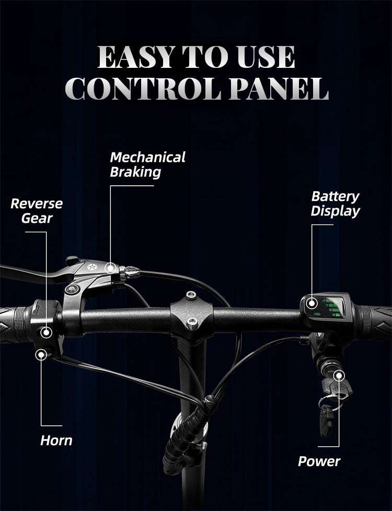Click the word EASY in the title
pos(134,57)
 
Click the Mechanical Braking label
pos(147,164)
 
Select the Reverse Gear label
pos(37,210)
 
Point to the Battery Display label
pos(335,204)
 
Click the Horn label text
pos(56,441)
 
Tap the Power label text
pos(319,461)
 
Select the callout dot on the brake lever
pos(110,268)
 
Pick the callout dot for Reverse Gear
pos(47,331)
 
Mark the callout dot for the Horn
pos(41,355)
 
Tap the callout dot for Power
pos(339,375)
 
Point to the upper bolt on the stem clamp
pos(191,295)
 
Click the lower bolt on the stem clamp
pos(192,322)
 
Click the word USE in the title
pos(267,57)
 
